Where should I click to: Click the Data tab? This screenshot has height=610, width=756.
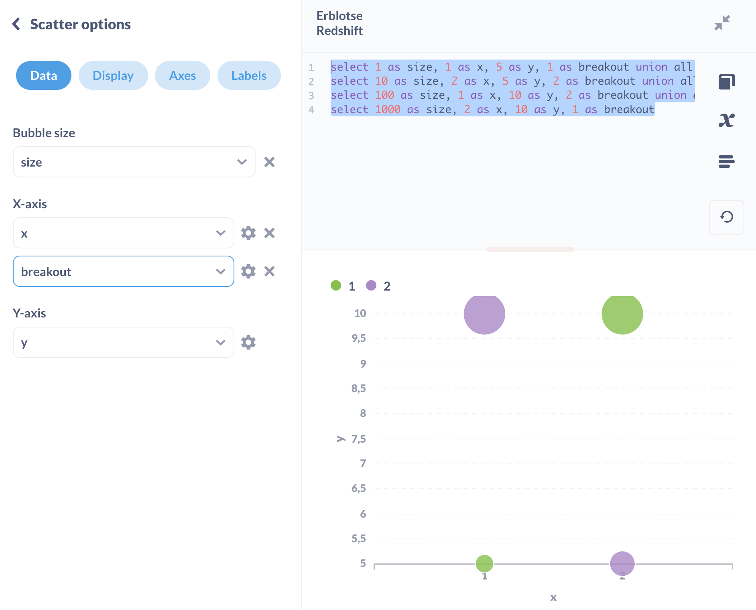point(44,75)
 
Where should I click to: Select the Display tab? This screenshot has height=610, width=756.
point(113,75)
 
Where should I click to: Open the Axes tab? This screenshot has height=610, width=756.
point(183,75)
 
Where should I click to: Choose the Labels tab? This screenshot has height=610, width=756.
point(249,75)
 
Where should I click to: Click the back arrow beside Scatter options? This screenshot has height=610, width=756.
point(16,24)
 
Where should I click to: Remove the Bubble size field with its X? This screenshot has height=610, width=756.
point(269,162)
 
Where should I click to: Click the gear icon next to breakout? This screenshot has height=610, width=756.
point(248,272)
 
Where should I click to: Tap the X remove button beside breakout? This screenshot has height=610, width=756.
point(269,272)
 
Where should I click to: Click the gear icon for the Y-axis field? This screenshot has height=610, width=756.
point(248,343)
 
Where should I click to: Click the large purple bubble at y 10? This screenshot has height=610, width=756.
point(484,314)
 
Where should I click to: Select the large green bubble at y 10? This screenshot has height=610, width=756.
point(622,314)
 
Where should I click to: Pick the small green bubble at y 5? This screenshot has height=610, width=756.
point(484,563)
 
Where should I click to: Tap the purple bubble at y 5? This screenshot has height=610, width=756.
point(622,563)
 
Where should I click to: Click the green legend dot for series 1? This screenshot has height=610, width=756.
point(336,285)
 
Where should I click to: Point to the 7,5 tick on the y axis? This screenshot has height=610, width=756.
point(359,439)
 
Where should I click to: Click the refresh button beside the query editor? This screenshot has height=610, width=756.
point(726,217)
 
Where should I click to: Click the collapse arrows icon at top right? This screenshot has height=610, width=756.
point(722,23)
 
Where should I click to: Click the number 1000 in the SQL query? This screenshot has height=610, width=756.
point(388,110)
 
